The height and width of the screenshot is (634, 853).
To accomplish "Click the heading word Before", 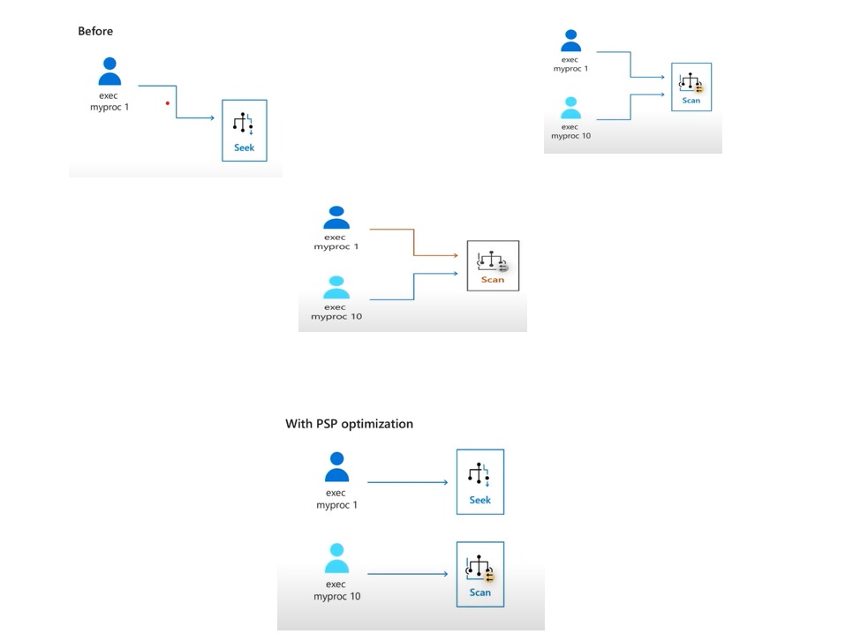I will (x=95, y=31).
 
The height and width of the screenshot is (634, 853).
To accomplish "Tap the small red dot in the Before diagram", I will (x=168, y=103).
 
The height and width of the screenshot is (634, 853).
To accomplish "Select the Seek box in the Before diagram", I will (x=244, y=130).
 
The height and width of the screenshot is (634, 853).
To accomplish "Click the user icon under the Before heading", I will (x=109, y=72).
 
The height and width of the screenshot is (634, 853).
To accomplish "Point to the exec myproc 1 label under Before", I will (x=109, y=102).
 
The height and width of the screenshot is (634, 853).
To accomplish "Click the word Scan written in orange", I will (x=493, y=280).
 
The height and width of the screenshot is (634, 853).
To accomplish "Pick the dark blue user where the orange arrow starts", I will (x=336, y=217).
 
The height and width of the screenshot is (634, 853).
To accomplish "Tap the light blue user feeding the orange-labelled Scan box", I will (x=336, y=288).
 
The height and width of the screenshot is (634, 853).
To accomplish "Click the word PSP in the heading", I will (x=328, y=424).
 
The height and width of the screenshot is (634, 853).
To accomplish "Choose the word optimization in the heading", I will (x=378, y=424).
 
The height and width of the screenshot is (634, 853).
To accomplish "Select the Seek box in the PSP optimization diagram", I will (x=479, y=481).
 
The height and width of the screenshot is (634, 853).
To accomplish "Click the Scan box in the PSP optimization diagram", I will (x=479, y=574).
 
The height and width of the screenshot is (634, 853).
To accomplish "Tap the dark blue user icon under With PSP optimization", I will (x=336, y=466).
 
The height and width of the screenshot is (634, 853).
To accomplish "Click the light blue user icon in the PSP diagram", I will (x=336, y=558).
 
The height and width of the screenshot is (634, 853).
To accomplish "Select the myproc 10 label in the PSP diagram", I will (x=336, y=596).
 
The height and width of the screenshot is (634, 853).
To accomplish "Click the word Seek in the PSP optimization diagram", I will (x=479, y=501).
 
